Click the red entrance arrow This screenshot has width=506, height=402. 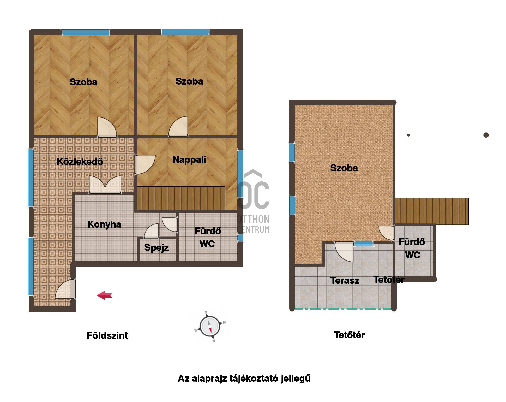click(x=105, y=295)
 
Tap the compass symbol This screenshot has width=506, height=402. click(x=210, y=327)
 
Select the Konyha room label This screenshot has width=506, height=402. click(x=104, y=224)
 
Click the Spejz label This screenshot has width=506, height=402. click(x=156, y=247)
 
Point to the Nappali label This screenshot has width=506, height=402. click(x=189, y=159)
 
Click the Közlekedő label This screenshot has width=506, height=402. click(x=80, y=162)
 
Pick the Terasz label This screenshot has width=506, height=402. click(x=345, y=280)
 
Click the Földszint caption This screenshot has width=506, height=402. click(x=107, y=335)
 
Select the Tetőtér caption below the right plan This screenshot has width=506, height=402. click(x=349, y=335)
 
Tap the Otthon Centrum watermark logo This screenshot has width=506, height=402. click(x=253, y=201)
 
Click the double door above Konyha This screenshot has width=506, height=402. click(x=105, y=185)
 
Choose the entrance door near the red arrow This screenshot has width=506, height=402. click(x=65, y=289)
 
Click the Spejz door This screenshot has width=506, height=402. click(x=151, y=231)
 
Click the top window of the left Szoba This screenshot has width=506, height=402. click(x=86, y=33)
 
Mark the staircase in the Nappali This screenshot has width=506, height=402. click(x=181, y=198)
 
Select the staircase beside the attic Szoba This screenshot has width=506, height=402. click(x=432, y=211)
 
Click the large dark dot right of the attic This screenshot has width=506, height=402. click(x=486, y=135)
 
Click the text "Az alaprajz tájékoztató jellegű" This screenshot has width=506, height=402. click(x=244, y=379)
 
